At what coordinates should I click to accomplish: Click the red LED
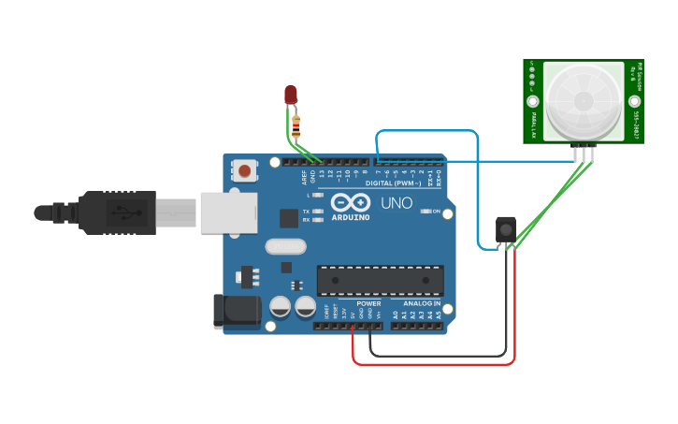pyautogui.click(x=291, y=94)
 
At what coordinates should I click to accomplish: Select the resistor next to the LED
pyautogui.click(x=296, y=125)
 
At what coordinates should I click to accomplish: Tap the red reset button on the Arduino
pyautogui.click(x=244, y=170)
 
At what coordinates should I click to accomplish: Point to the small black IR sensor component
pyautogui.click(x=505, y=229)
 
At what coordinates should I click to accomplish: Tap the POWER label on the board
pyautogui.click(x=368, y=303)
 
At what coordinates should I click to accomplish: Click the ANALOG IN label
pyautogui.click(x=422, y=303)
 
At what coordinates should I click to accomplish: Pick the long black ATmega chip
pyautogui.click(x=380, y=280)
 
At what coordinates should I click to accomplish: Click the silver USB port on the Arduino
pyautogui.click(x=228, y=212)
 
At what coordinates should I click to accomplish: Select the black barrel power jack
pyautogui.click(x=235, y=312)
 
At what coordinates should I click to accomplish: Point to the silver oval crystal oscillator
pyautogui.click(x=285, y=247)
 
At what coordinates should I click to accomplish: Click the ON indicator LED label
pyautogui.click(x=437, y=212)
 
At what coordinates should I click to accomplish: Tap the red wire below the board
pyautogui.click(x=430, y=364)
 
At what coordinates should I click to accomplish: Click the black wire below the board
pyautogui.click(x=440, y=356)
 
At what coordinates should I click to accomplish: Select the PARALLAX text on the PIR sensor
pyautogui.click(x=533, y=124)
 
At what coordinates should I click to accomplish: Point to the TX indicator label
pyautogui.click(x=306, y=212)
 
